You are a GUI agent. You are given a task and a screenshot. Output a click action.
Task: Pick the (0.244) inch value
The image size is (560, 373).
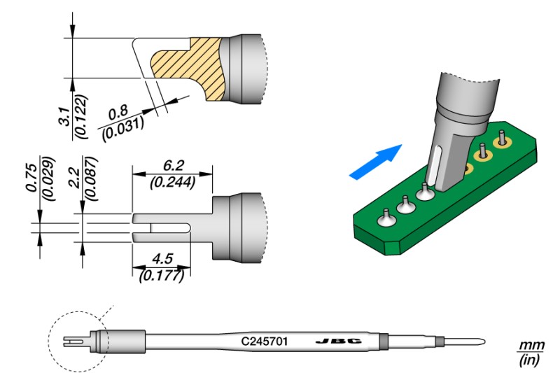coord(171,182)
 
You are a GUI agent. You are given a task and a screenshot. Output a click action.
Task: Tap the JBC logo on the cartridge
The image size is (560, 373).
coord(337,342)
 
